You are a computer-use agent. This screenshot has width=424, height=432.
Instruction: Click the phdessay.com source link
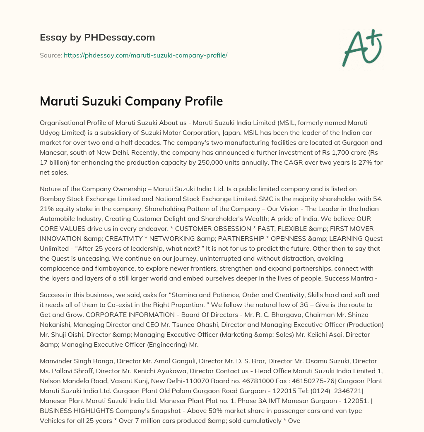[145, 55]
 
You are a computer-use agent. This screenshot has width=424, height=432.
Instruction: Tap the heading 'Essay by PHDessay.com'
[97, 38]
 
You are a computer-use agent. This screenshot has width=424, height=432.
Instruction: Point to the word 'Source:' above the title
[51, 55]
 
